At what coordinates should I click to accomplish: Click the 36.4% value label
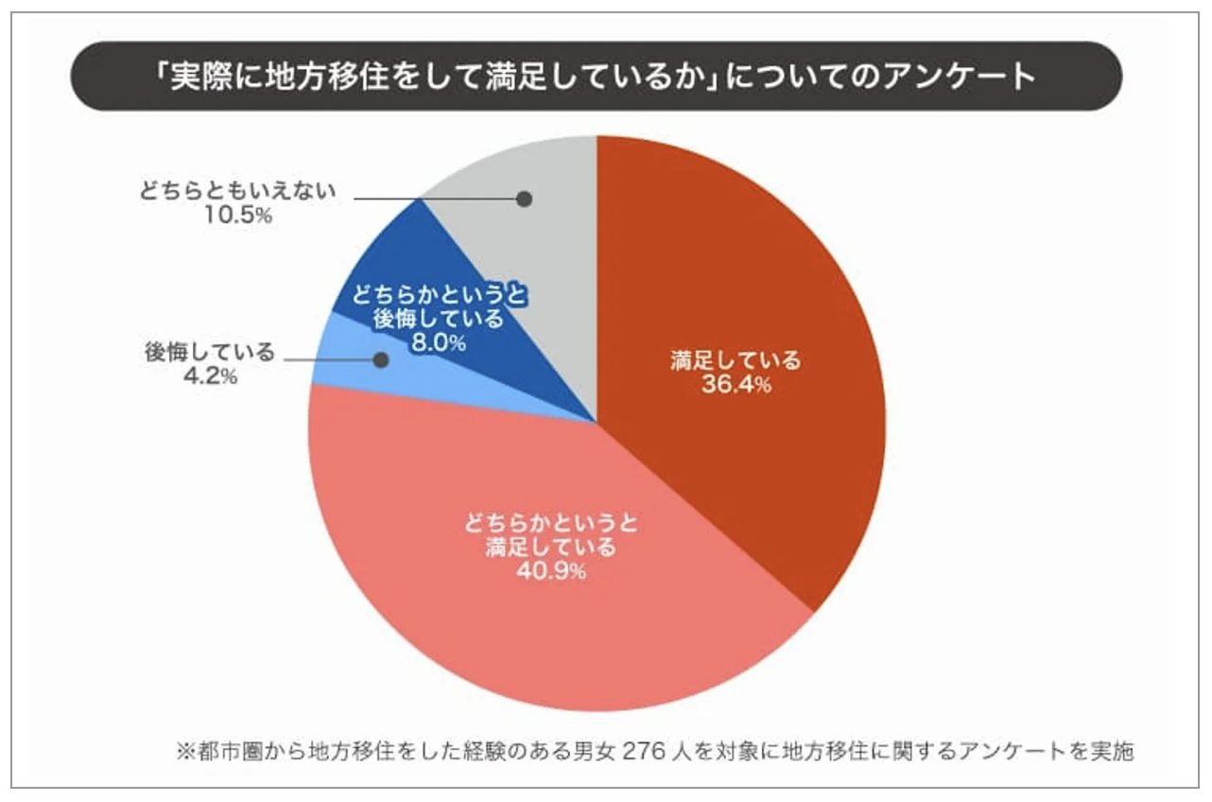[736, 385]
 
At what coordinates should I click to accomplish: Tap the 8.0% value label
[438, 343]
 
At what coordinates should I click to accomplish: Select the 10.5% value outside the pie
[239, 217]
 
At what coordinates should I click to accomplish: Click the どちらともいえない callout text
[239, 192]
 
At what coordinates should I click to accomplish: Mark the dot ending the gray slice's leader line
[525, 200]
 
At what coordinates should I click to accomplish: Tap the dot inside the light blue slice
[381, 360]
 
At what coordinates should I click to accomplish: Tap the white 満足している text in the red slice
[736, 360]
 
